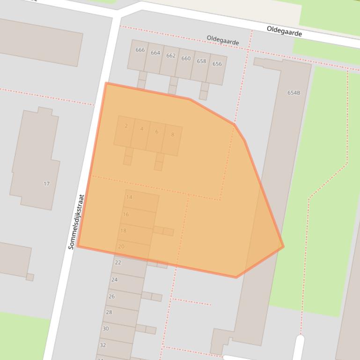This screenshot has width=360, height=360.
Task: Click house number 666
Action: click(140, 50)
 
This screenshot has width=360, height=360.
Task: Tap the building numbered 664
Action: click(155, 53)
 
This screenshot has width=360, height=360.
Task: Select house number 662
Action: click(171, 56)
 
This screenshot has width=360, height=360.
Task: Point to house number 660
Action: click(186, 58)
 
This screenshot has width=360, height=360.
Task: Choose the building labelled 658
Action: click(201, 61)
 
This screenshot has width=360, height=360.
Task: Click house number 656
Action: click(217, 64)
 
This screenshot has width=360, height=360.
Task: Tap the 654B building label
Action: click(294, 93)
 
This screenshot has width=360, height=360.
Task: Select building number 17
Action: click(46, 184)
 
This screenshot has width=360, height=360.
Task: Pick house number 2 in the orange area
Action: click(126, 126)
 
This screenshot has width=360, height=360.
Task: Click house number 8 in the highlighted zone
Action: click(172, 135)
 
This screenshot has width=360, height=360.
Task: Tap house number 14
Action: click(129, 197)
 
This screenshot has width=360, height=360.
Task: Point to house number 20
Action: click(121, 246)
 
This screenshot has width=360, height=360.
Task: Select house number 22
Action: click(118, 263)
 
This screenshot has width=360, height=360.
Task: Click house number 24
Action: click(115, 280)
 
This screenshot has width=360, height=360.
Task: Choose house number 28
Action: click(109, 312)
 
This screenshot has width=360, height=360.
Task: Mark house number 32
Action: click(103, 345)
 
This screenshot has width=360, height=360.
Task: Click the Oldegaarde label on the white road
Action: click(284, 31)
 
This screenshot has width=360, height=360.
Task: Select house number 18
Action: click(123, 230)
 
